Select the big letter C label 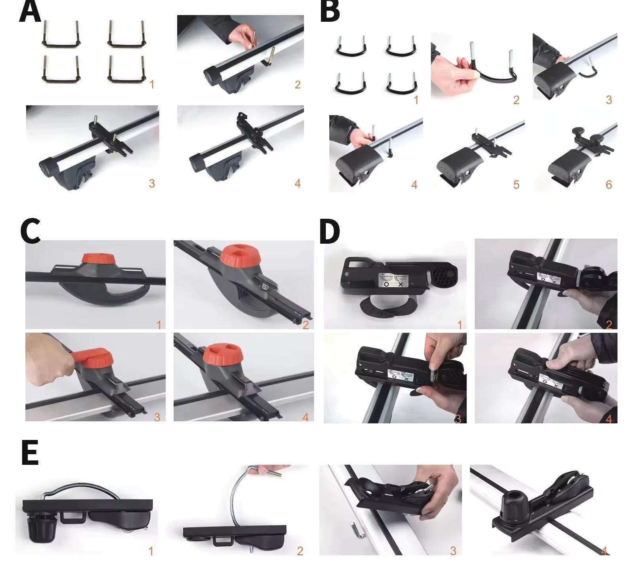point(30,231)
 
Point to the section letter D point(329,232)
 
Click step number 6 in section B point(609,184)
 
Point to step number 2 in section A point(298,84)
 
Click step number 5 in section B point(516,184)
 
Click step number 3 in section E point(453,550)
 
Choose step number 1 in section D point(460,325)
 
